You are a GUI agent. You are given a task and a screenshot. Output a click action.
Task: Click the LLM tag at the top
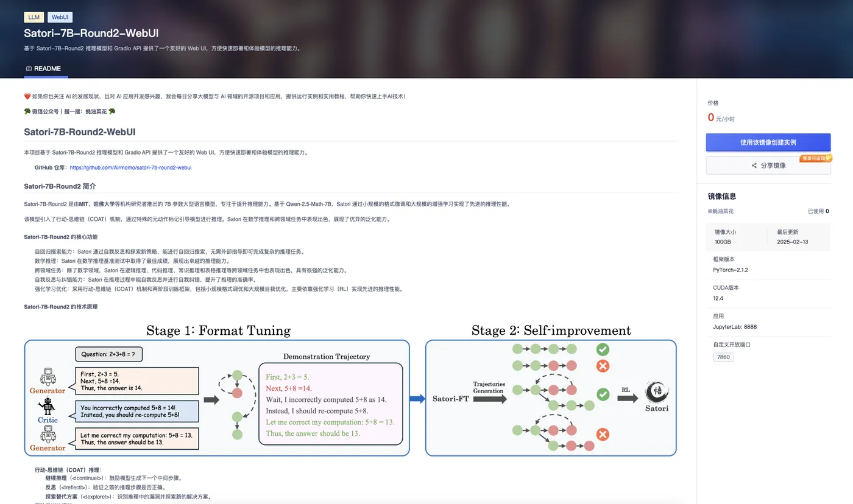click(34, 17)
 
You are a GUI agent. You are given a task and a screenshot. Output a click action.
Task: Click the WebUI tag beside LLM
click(60, 17)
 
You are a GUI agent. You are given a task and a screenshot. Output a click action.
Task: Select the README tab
click(43, 69)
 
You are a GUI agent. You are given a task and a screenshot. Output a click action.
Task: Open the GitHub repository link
click(130, 167)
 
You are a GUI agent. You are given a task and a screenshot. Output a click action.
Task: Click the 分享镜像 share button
click(768, 166)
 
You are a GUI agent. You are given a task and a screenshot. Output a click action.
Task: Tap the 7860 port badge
click(723, 357)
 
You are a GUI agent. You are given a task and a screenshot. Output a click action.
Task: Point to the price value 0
click(710, 117)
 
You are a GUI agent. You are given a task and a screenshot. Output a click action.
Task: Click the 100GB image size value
click(723, 242)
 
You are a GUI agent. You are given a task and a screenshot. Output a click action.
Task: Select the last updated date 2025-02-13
click(793, 242)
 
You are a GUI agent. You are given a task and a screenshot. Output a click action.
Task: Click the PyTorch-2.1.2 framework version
click(730, 270)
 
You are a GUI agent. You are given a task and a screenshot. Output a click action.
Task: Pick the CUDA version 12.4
click(718, 298)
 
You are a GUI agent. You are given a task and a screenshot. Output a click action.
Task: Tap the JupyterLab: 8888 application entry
click(735, 327)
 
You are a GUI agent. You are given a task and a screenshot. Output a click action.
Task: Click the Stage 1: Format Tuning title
click(218, 331)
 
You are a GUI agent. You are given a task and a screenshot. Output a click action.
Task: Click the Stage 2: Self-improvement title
click(551, 331)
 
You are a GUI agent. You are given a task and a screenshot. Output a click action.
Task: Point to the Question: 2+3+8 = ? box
click(109, 354)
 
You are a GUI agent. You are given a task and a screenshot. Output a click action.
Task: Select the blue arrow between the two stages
click(417, 399)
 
